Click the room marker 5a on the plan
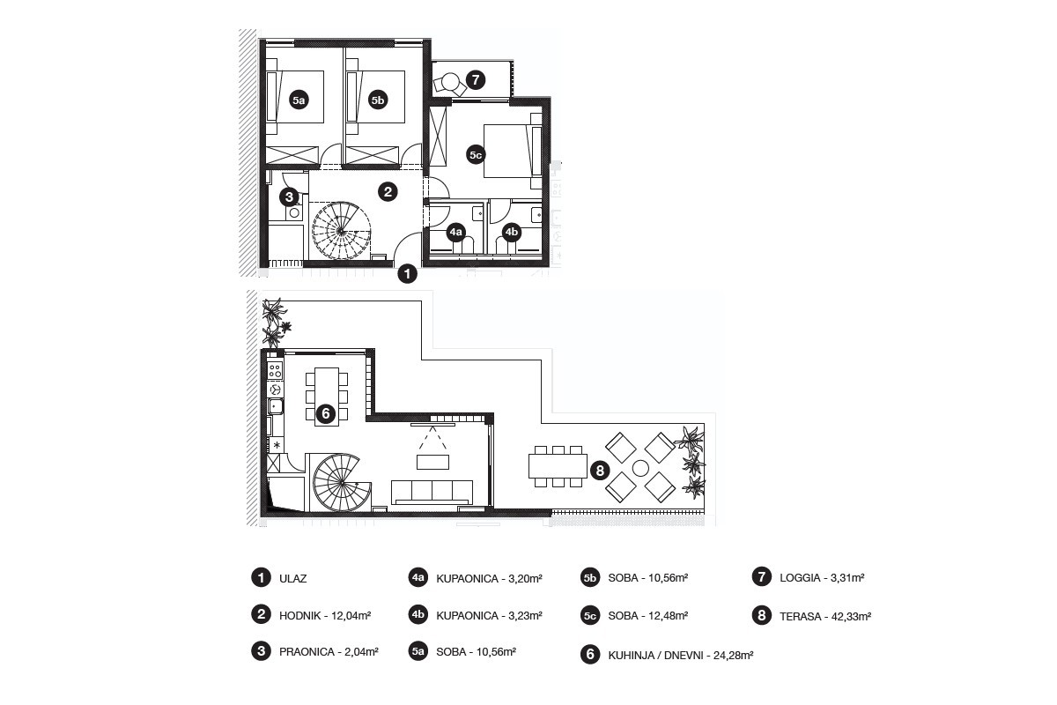point(299,100)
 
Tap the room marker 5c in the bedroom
point(476,154)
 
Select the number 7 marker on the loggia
point(476,79)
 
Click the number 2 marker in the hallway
point(388,192)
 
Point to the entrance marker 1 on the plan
point(408,273)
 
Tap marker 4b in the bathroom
point(512,233)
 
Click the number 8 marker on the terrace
point(600,471)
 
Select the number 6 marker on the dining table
point(326,414)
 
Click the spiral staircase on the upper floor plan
point(341,231)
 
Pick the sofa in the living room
point(432,493)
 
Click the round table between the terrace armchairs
point(640,468)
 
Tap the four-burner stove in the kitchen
point(276,371)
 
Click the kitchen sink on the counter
point(276,406)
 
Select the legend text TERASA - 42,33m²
point(825,616)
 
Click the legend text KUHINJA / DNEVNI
point(656,656)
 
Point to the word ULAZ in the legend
point(293,578)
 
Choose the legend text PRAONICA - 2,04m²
point(329,652)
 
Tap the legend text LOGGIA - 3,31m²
point(822,577)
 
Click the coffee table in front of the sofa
point(432,462)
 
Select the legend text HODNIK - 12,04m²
point(325,616)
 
